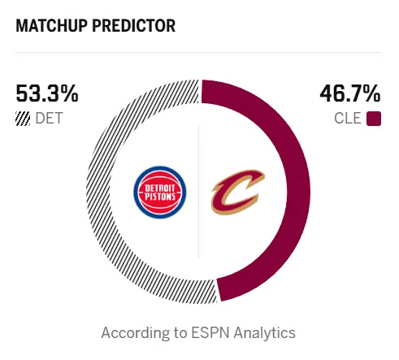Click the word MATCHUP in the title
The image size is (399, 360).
tap(51, 26)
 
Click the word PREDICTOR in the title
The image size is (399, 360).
tap(134, 26)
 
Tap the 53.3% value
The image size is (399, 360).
tap(47, 93)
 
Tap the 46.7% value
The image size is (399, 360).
tap(350, 93)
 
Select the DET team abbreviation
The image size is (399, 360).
tap(49, 119)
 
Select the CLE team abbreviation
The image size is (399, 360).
tap(348, 119)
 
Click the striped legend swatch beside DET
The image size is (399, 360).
tap(23, 119)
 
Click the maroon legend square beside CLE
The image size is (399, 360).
tap(374, 119)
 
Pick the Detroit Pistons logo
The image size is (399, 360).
tap(160, 192)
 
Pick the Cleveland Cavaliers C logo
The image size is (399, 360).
tap(237, 192)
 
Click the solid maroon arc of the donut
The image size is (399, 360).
tap(298, 189)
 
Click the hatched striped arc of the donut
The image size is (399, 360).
tap(98, 189)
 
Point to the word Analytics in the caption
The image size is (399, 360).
tap(265, 333)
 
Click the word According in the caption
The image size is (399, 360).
tap(133, 333)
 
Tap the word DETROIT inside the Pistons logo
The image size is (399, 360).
tap(160, 188)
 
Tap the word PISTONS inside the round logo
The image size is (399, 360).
tap(160, 197)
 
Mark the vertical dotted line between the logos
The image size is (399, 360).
tap(199, 191)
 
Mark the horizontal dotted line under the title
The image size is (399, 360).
tap(198, 52)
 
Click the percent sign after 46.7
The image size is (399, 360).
tap(372, 93)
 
